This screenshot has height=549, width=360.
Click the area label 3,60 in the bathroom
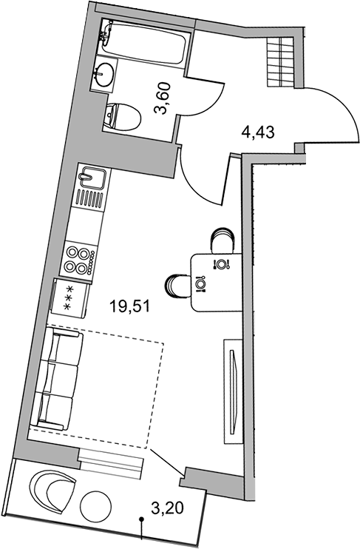[163, 99]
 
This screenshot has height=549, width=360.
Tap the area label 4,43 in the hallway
[258, 132]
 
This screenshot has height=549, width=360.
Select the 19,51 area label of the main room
[129, 307]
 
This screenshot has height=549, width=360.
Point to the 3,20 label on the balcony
[167, 508]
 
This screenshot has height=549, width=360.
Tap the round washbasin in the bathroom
[104, 73]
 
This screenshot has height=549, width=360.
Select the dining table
[217, 282]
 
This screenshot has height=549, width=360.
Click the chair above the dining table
[222, 240]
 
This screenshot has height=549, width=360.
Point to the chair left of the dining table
[177, 285]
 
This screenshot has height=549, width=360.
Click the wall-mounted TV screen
[233, 391]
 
